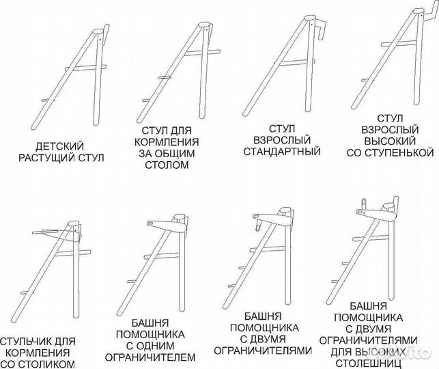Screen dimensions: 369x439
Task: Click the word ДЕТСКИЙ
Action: tap(61, 146)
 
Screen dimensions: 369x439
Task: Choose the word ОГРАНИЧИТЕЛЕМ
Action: tap(155, 357)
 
